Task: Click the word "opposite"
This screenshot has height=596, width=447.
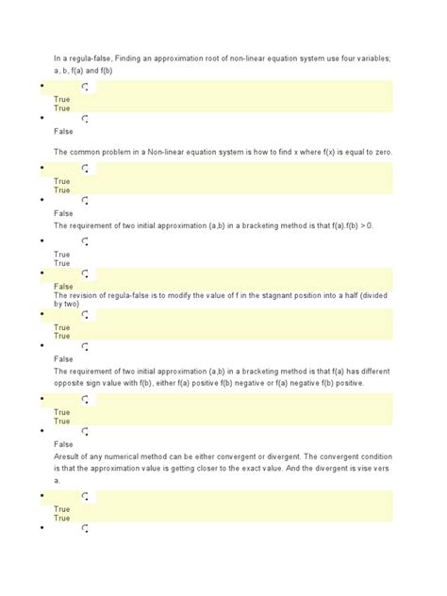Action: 71,383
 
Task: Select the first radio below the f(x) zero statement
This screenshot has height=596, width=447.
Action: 85,168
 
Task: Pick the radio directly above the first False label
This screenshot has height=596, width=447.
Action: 85,120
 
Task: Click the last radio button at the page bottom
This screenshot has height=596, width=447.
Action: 85,529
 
